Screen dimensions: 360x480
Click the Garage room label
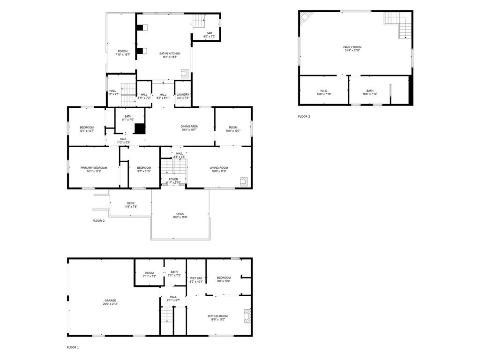pyautogui.click(x=110, y=300)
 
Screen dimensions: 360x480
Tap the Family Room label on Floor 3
pyautogui.click(x=352, y=47)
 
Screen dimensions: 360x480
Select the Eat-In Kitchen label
pyautogui.click(x=170, y=53)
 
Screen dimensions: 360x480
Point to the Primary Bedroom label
pyautogui.click(x=94, y=168)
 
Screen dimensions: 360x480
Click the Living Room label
pyautogui.click(x=218, y=168)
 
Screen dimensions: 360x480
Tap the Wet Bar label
pyautogui.click(x=196, y=278)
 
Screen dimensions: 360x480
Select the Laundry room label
pyautogui.click(x=183, y=95)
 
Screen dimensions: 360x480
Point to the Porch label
pyautogui.click(x=122, y=51)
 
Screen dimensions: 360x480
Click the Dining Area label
pyautogui.click(x=189, y=127)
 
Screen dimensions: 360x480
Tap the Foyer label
pyautogui.click(x=173, y=179)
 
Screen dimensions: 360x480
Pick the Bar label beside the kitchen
pyautogui.click(x=209, y=33)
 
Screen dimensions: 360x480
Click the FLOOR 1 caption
pyautogui.click(x=73, y=347)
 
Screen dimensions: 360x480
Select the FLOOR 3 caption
pyautogui.click(x=304, y=116)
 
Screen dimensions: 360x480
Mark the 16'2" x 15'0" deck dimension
pyautogui.click(x=180, y=217)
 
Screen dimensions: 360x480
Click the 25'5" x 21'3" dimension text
pyautogui.click(x=110, y=304)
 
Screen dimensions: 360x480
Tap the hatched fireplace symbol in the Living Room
pyautogui.click(x=244, y=181)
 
